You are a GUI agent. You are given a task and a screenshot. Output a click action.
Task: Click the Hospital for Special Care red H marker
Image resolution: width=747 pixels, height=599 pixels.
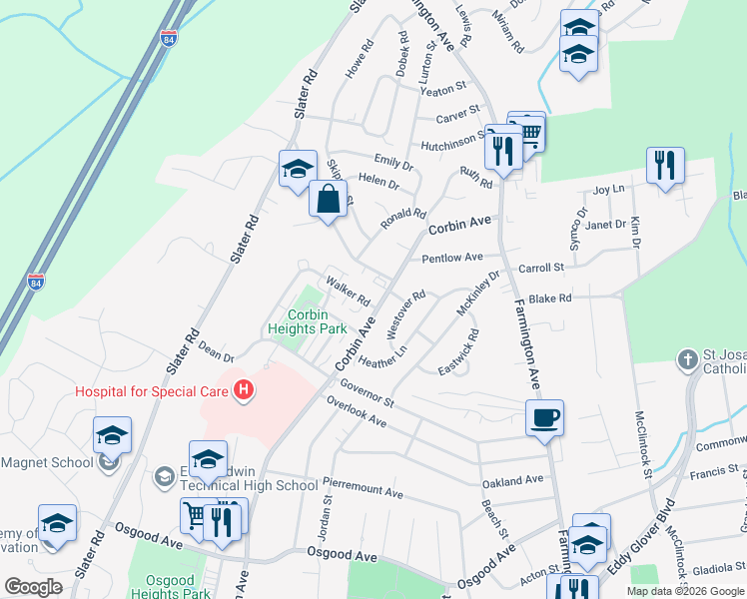242,390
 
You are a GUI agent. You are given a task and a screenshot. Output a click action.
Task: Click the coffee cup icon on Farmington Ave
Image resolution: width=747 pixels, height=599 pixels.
545,417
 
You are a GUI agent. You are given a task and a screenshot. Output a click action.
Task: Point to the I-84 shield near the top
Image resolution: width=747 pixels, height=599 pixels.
169,38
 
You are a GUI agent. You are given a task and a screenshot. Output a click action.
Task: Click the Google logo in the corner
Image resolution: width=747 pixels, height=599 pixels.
33,586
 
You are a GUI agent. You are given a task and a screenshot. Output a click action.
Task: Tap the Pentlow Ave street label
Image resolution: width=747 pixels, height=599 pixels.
451,258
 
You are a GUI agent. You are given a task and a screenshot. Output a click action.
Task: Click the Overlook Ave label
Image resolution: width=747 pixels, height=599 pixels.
357,412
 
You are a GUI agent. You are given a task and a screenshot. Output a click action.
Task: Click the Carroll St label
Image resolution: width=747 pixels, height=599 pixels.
542,268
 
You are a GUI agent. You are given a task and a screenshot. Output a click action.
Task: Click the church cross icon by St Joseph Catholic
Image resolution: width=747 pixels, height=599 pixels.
688,358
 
